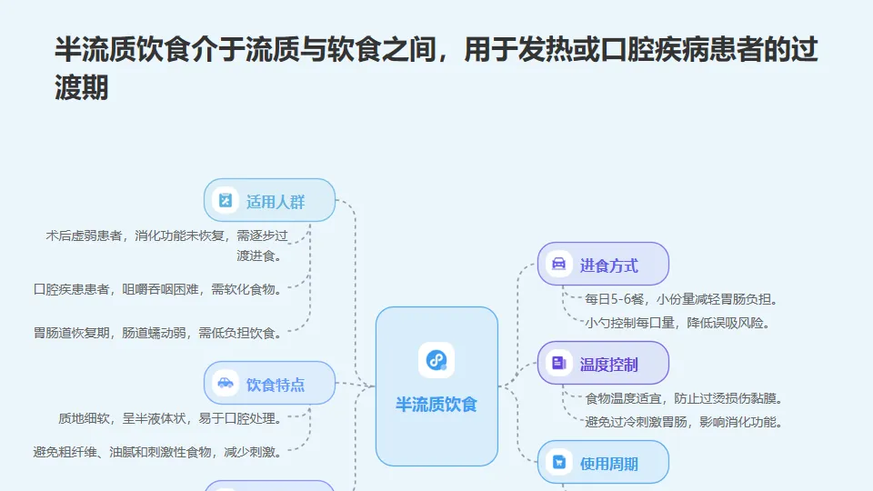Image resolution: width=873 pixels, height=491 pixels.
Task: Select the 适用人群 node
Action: [x=269, y=200]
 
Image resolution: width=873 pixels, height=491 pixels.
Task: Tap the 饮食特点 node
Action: [x=269, y=383]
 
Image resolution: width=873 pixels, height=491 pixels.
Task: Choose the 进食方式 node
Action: [x=603, y=265]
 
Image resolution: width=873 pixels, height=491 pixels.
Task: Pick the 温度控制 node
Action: [x=603, y=364]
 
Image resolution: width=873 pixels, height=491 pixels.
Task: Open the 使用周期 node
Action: [x=603, y=463]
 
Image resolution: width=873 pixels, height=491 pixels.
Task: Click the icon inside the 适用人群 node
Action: [x=226, y=200]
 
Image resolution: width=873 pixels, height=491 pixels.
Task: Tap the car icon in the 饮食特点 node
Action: [x=226, y=383]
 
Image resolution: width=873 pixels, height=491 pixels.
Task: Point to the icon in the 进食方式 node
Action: [x=559, y=265]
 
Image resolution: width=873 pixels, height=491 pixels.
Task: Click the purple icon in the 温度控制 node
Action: [x=559, y=364]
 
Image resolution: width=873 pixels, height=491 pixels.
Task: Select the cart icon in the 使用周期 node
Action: [x=559, y=463]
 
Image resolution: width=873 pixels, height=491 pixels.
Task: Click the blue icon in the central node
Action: [x=436, y=361]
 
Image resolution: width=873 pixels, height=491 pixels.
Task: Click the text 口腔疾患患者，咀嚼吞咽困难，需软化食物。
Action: [x=157, y=289]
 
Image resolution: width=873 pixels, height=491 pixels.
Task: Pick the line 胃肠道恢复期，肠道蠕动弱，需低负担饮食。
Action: [x=157, y=332]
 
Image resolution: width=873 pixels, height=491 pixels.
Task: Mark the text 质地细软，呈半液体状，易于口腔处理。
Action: [x=169, y=418]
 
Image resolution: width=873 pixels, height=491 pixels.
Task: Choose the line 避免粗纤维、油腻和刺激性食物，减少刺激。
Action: [x=157, y=450]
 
